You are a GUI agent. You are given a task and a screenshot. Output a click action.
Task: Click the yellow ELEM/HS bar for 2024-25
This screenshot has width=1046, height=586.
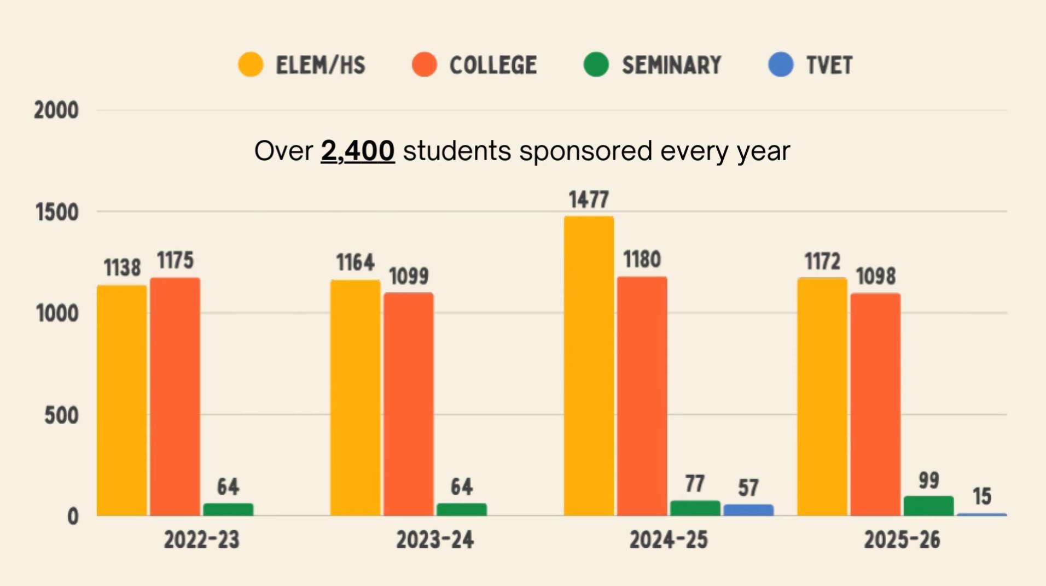tap(589, 366)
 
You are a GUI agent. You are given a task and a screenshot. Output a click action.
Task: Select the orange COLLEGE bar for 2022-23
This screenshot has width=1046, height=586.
tap(175, 396)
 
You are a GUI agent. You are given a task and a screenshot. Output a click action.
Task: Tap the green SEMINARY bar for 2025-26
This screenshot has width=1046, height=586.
tap(928, 506)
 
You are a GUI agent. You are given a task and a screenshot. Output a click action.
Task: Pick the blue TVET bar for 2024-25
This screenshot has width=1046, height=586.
tap(748, 510)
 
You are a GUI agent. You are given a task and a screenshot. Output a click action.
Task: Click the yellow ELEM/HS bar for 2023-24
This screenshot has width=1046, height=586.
tap(355, 397)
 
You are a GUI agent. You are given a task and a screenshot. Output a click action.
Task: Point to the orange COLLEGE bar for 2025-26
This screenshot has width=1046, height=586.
tap(875, 405)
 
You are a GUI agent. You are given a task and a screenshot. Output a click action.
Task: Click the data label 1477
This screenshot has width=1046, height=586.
tap(589, 200)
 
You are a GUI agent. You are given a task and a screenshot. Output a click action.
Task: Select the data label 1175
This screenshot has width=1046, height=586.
tap(175, 261)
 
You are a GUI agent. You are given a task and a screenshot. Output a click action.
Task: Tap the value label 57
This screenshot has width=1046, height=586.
tap(748, 488)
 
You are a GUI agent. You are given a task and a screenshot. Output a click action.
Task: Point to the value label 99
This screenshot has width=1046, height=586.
tap(929, 480)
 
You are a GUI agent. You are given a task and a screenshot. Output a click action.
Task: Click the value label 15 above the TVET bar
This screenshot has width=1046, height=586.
tap(982, 496)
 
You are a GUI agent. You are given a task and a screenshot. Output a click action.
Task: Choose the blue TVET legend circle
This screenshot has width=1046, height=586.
tap(781, 65)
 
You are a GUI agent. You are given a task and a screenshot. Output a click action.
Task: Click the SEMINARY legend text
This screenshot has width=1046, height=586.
tap(672, 66)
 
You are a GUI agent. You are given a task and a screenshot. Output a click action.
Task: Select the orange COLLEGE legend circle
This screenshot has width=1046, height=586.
tap(425, 65)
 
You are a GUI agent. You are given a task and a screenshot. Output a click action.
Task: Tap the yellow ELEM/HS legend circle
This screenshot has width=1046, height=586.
tap(251, 65)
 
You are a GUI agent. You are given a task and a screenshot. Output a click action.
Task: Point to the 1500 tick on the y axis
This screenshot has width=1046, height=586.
tap(57, 212)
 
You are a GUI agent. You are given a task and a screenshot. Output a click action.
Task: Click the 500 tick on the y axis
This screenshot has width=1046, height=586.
tap(61, 415)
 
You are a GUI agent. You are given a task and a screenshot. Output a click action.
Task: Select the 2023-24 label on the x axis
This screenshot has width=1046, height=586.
tap(435, 540)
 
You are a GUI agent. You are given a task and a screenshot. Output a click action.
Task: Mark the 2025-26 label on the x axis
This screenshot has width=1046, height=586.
tap(902, 540)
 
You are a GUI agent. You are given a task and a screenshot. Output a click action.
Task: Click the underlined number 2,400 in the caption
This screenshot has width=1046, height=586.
tap(357, 151)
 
